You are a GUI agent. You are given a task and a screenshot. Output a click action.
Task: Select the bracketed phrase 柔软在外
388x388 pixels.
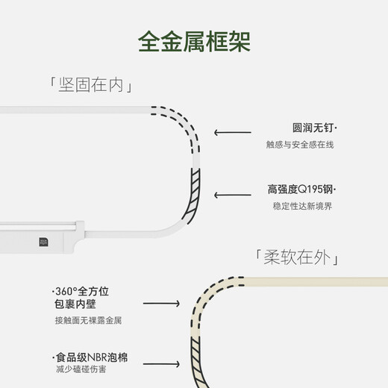pyautogui.click(x=298, y=258)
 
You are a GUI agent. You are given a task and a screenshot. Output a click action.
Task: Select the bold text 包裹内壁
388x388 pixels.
pyautogui.click(x=75, y=304)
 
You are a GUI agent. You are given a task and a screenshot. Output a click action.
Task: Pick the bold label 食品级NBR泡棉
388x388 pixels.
pyautogui.click(x=90, y=358)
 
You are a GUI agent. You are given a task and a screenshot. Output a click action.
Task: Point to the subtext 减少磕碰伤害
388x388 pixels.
pyautogui.click(x=78, y=372)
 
